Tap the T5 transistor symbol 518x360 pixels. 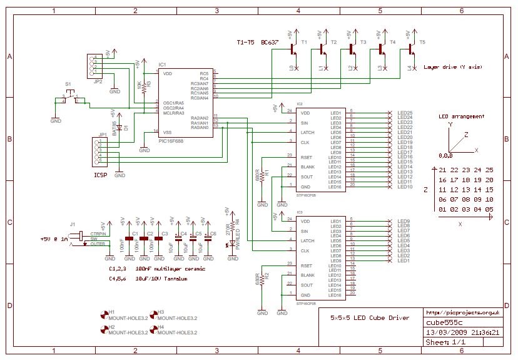(410, 48)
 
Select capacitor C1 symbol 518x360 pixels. (129, 239)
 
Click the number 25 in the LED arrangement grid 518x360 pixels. (489, 170)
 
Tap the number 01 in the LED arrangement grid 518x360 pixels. (443, 209)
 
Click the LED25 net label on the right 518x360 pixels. (405, 113)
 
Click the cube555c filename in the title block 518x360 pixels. (441, 322)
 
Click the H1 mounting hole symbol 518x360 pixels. (104, 312)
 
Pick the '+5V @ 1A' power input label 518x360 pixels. (55, 239)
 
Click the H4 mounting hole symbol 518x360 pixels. (153, 327)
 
